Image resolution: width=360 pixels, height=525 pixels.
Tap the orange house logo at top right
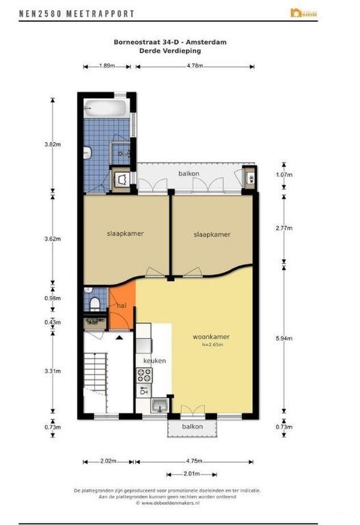click(296, 12)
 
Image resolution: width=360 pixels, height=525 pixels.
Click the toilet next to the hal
click(95, 301)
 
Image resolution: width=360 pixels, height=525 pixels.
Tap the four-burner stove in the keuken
click(145, 374)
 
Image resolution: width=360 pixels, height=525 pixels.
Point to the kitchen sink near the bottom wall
click(158, 405)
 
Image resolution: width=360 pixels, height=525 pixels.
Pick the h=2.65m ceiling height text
click(213, 345)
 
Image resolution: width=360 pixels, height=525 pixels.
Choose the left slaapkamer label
click(125, 233)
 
